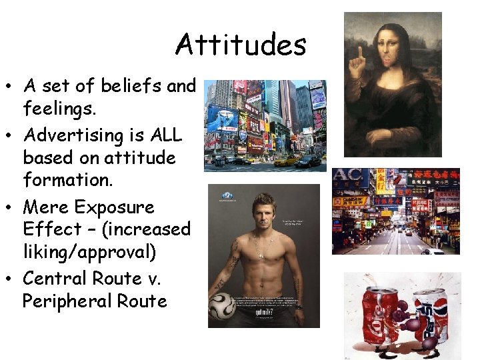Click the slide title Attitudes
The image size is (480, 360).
[241, 45]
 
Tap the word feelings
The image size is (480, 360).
[61, 108]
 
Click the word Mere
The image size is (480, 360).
[45, 207]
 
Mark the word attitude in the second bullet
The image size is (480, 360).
[144, 158]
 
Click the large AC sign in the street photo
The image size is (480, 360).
[349, 179]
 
